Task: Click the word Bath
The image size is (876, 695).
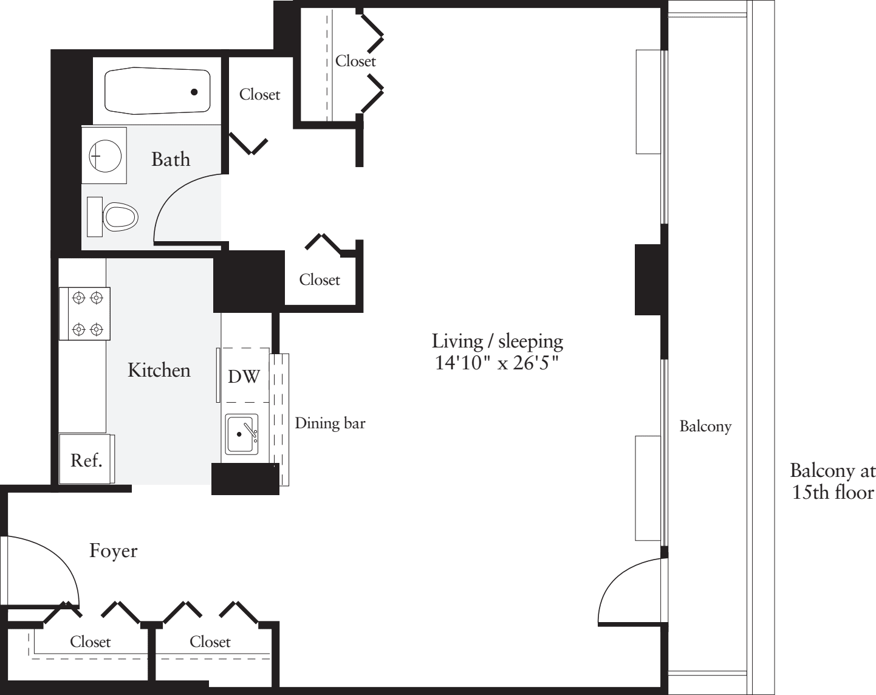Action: pyautogui.click(x=171, y=159)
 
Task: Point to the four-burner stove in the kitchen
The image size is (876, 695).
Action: pyautogui.click(x=85, y=313)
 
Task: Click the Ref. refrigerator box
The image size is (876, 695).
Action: pyautogui.click(x=86, y=460)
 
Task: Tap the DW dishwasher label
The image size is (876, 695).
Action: pyautogui.click(x=244, y=377)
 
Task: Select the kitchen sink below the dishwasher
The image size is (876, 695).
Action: pyautogui.click(x=242, y=434)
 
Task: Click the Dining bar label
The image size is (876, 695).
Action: pyautogui.click(x=330, y=423)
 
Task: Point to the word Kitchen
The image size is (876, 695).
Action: pyautogui.click(x=159, y=370)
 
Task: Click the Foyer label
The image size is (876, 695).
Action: pyautogui.click(x=114, y=551)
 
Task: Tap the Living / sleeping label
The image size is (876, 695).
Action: pyautogui.click(x=497, y=341)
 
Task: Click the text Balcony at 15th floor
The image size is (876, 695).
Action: pyautogui.click(x=832, y=481)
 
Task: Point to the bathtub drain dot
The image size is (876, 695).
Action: pyautogui.click(x=194, y=92)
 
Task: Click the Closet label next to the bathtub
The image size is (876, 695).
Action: pyautogui.click(x=259, y=94)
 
